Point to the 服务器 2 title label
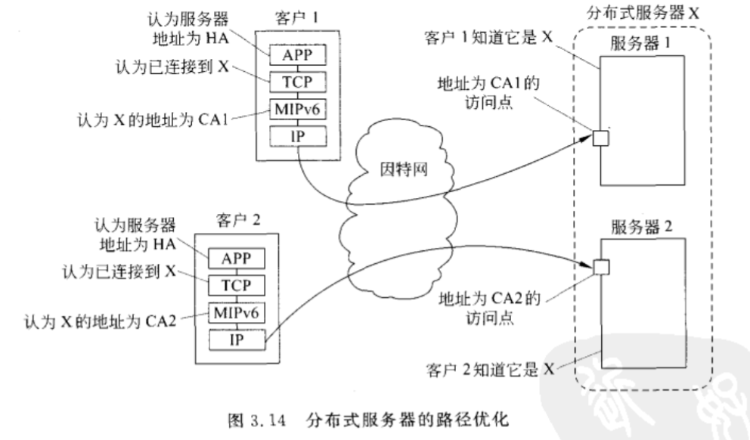pyautogui.click(x=644, y=225)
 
